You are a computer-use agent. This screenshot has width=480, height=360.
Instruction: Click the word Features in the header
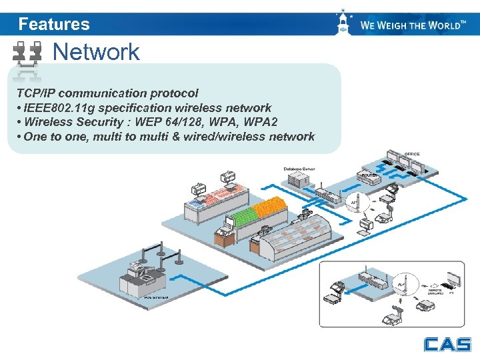54,24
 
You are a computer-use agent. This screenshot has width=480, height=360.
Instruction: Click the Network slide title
96,51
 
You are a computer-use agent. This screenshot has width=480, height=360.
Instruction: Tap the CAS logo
447,344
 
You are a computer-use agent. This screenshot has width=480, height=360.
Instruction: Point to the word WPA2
261,122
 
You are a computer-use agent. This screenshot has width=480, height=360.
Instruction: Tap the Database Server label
299,169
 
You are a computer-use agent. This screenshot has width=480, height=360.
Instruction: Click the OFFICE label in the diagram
411,154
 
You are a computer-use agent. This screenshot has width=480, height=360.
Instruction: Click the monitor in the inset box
454,279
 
